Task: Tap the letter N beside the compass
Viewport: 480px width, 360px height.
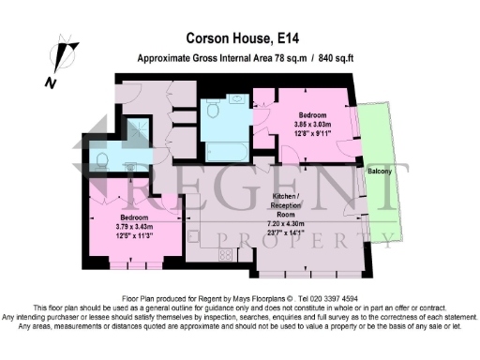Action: click(51, 82)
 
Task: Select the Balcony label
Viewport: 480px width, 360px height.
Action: click(380, 172)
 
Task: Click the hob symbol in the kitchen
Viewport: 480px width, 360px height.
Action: click(225, 254)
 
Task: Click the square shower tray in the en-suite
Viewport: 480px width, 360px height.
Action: click(139, 128)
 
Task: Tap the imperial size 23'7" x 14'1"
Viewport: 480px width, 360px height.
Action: click(283, 235)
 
